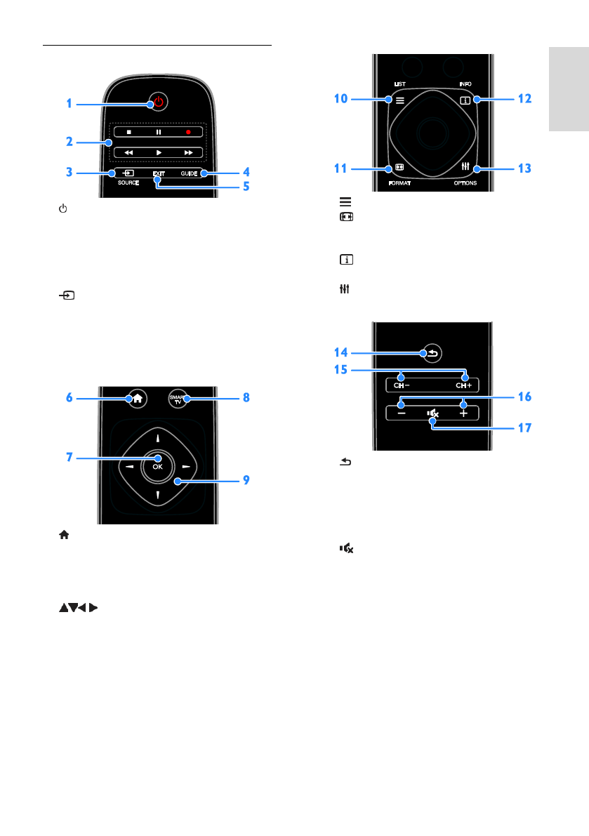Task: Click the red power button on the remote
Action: (x=159, y=101)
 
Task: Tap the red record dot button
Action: (x=188, y=132)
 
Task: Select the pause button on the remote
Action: (x=159, y=132)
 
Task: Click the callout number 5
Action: (x=246, y=186)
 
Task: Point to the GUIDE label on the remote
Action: (x=190, y=173)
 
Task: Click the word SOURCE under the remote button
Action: (x=128, y=183)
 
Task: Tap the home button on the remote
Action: (x=138, y=398)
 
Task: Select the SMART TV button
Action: (x=178, y=399)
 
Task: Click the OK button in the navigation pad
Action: (x=158, y=467)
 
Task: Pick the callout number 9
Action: (x=246, y=480)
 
